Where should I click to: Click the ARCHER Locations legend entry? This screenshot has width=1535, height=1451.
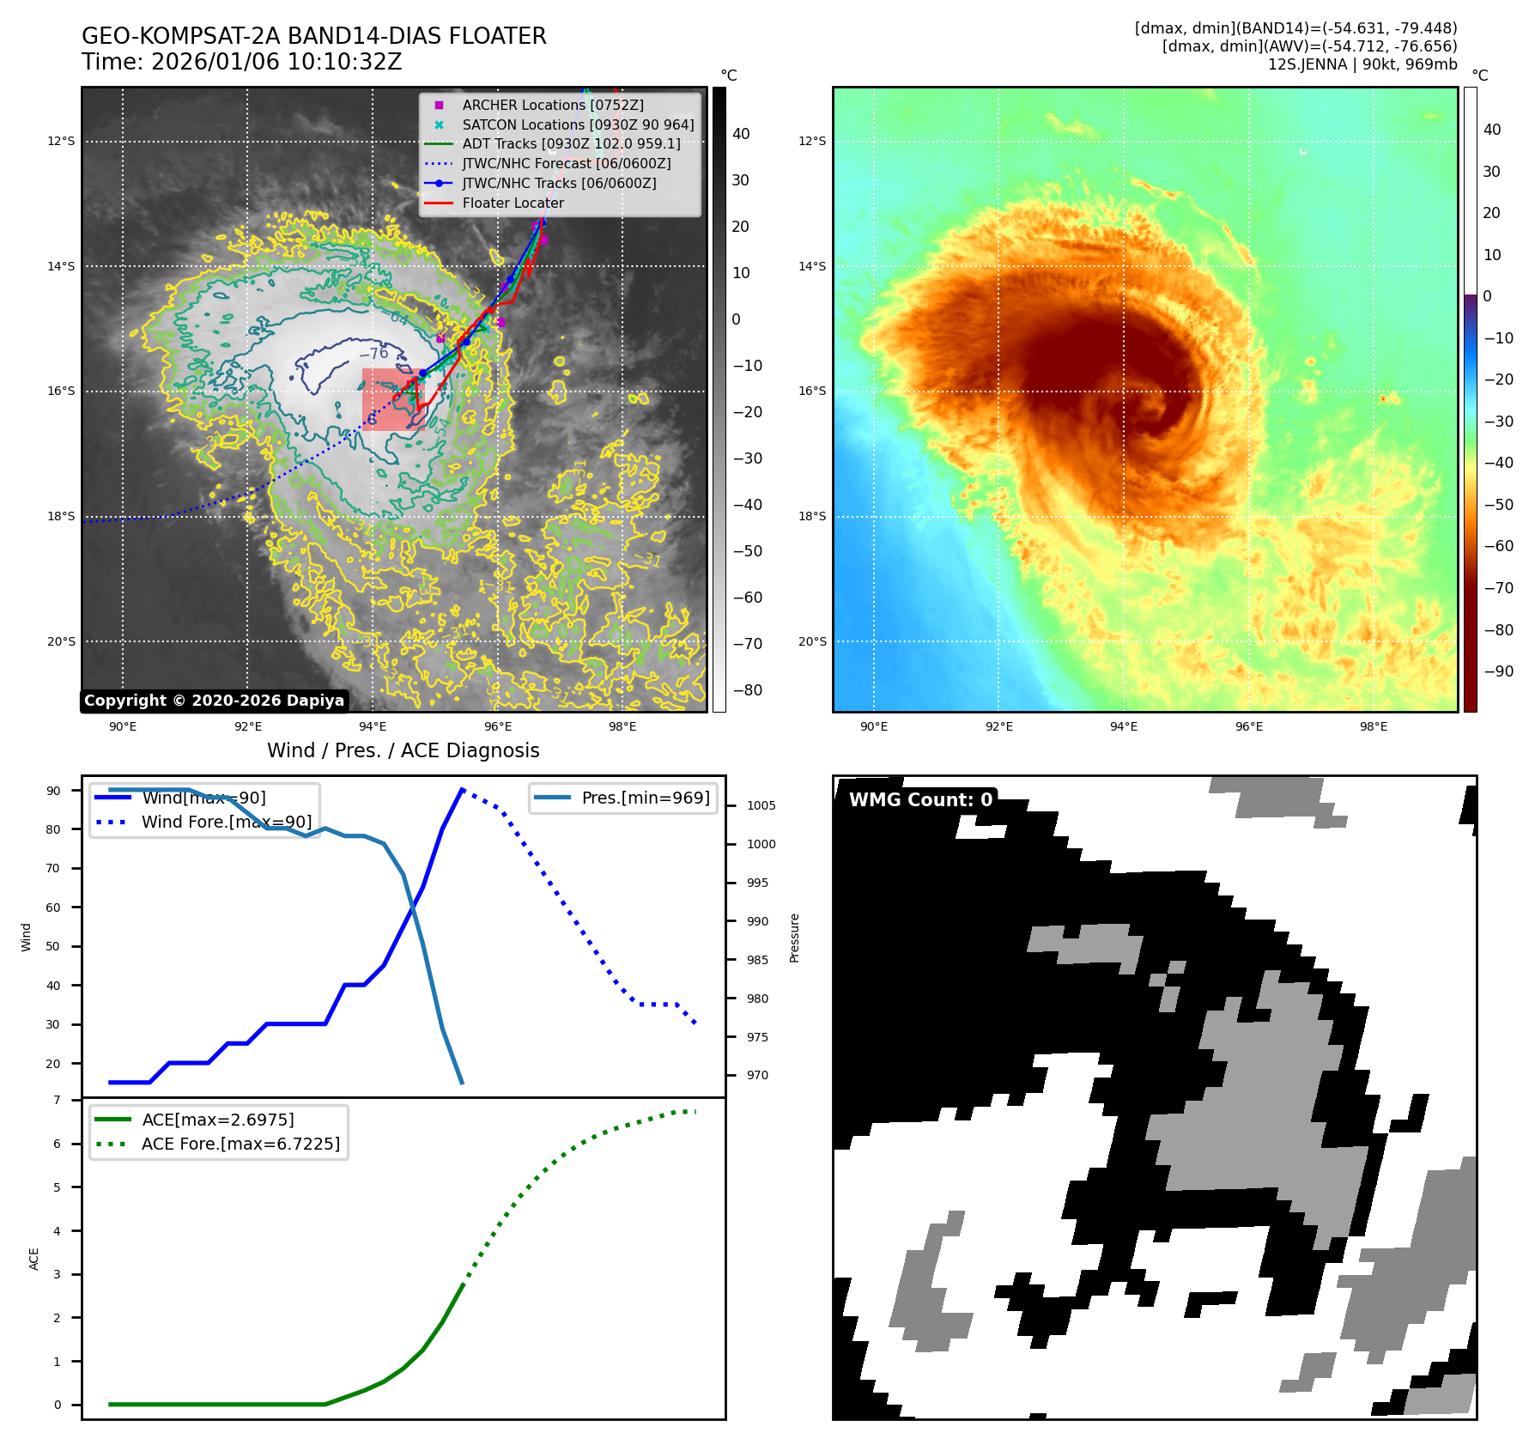click(552, 105)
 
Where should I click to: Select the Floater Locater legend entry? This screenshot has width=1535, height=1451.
click(513, 203)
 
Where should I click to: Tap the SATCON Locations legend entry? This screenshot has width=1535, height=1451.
click(578, 124)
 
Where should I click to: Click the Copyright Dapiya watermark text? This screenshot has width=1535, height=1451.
click(214, 701)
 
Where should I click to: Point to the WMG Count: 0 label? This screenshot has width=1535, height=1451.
click(920, 799)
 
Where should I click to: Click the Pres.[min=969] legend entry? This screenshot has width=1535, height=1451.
click(645, 798)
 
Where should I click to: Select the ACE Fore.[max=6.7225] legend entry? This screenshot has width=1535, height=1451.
click(240, 1144)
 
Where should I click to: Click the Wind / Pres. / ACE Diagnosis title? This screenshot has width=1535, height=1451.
click(403, 750)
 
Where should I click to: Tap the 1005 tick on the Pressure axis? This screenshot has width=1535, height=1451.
click(761, 805)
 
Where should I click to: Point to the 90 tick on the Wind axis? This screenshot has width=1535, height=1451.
click(53, 791)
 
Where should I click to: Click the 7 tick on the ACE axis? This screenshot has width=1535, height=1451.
click(57, 1100)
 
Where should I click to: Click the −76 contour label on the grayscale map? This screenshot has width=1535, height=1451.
click(374, 353)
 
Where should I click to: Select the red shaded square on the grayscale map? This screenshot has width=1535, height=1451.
click(392, 399)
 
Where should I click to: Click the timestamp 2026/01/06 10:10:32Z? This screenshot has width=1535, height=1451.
click(276, 62)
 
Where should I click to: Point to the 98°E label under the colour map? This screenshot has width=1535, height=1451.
click(1373, 726)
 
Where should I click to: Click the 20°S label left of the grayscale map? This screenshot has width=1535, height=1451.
click(61, 641)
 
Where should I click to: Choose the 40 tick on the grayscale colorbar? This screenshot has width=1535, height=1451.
click(740, 134)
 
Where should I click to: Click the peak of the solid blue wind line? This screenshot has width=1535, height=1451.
click(462, 789)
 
